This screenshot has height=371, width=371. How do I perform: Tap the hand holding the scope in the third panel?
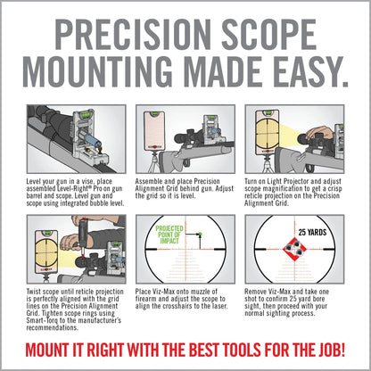pyautogui.click(x=331, y=133)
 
